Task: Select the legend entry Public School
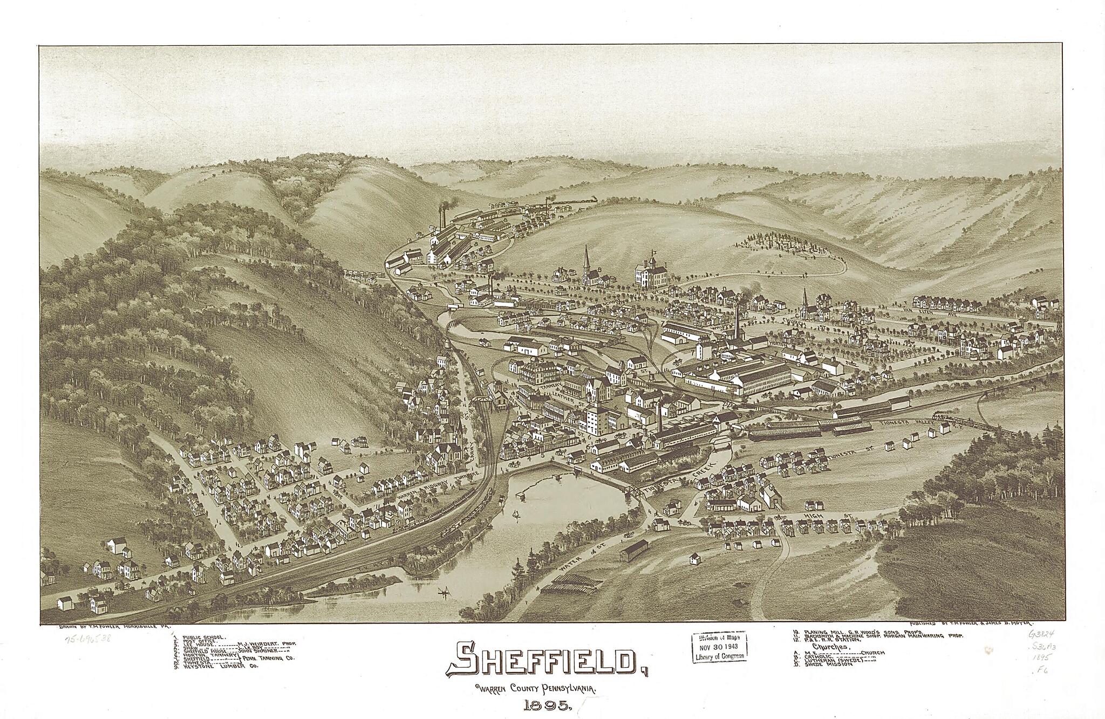click(204, 638)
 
